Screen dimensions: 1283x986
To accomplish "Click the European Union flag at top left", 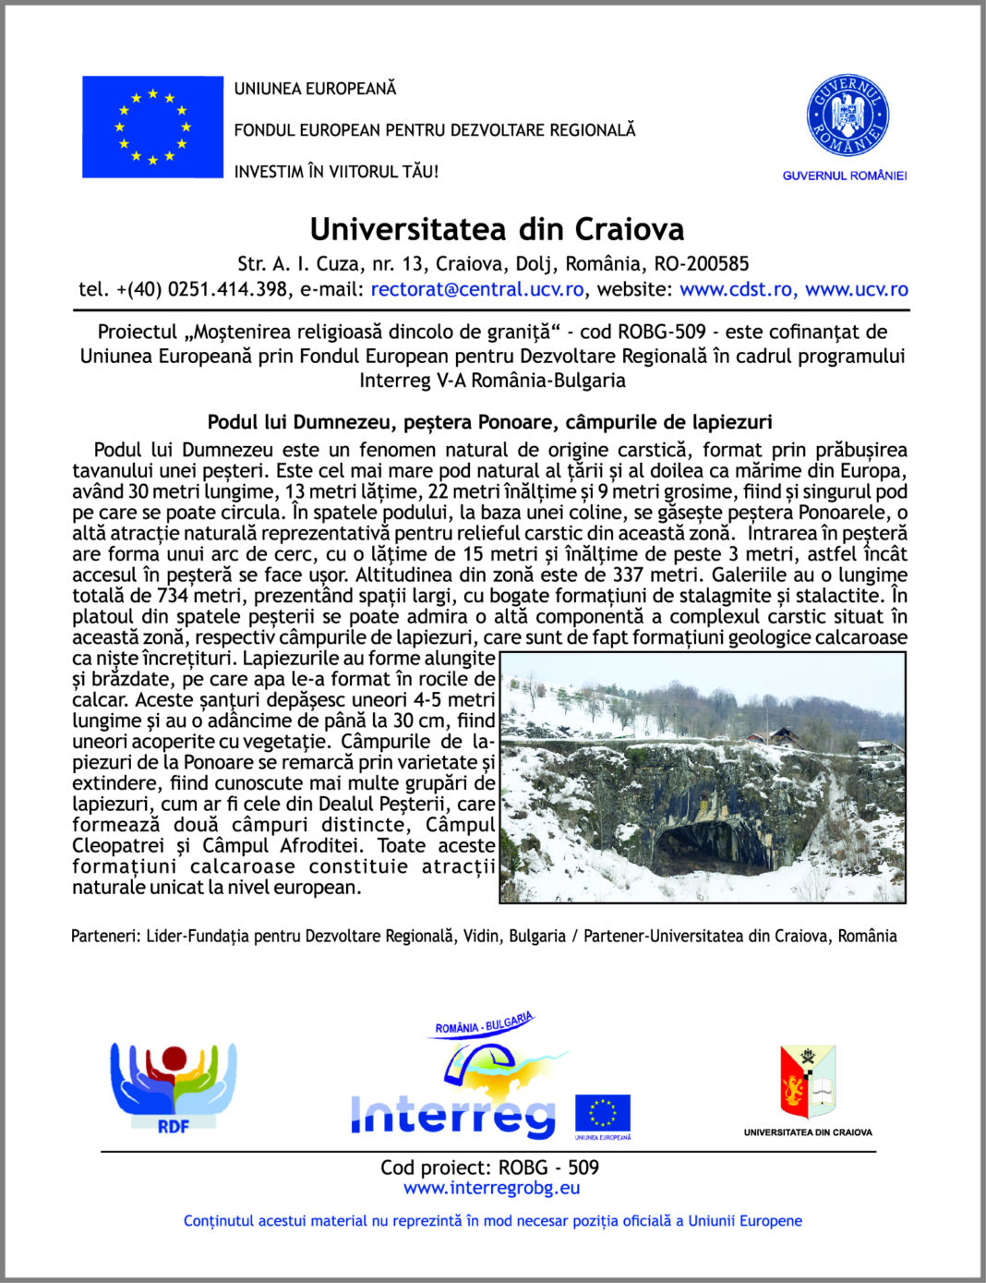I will (152, 127).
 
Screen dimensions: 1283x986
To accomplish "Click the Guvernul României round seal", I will (847, 116).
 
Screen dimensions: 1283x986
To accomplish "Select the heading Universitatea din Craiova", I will (497, 229).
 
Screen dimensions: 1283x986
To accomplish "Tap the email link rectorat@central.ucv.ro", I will (476, 289).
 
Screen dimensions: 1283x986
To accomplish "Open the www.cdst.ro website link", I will (737, 289).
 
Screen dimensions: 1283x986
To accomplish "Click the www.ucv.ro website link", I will (857, 289).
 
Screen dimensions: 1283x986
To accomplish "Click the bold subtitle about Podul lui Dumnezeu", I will (489, 422).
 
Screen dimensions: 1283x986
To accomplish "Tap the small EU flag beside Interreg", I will (603, 1113).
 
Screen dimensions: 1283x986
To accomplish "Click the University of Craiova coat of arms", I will (808, 1082).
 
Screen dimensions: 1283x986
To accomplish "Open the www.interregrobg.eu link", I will (492, 1188).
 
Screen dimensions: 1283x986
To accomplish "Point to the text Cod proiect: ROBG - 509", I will (489, 1168).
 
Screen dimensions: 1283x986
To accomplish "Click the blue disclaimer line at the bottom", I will (492, 1220).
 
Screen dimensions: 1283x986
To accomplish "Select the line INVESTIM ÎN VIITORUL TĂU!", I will (336, 171).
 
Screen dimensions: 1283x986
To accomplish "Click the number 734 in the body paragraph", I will (173, 596).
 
